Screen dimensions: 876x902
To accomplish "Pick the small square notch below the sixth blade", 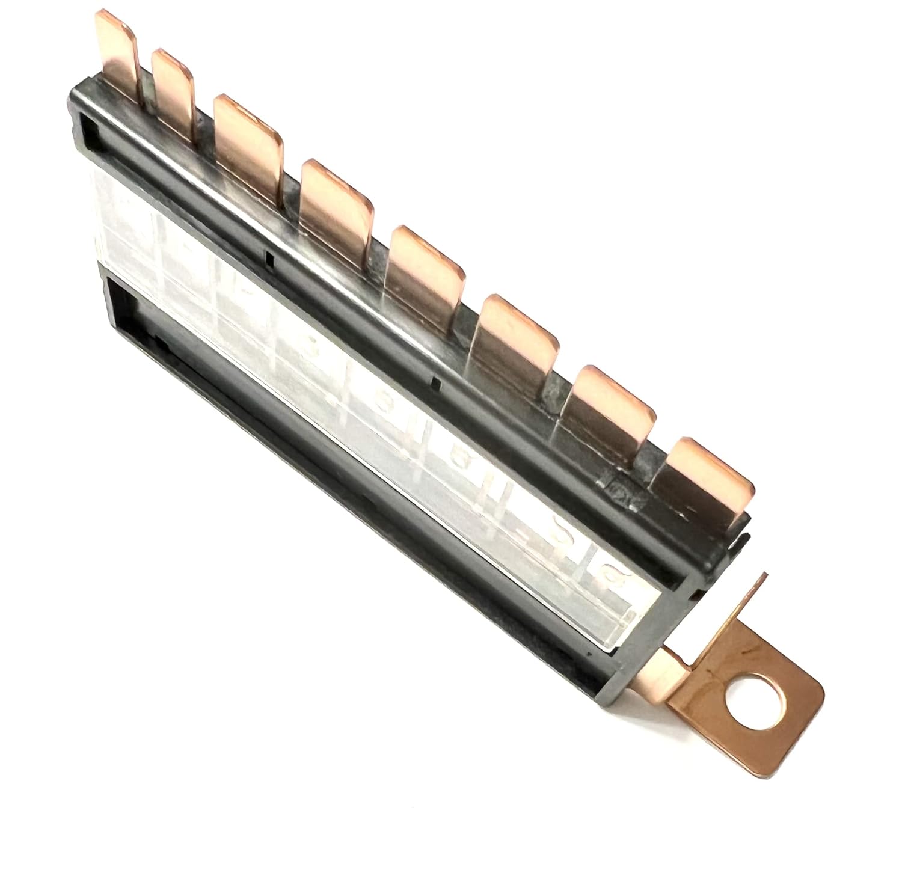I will (x=437, y=382).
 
